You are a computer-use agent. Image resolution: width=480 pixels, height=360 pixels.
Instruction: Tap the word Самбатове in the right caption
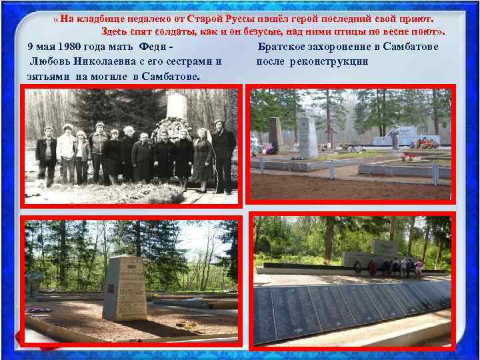click(407, 47)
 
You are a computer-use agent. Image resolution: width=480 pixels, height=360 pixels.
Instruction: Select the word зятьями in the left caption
click(46, 76)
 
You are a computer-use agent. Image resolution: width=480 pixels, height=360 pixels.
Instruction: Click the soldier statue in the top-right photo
click(395, 137)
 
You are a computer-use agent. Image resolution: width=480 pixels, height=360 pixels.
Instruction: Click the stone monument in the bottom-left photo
click(125, 288)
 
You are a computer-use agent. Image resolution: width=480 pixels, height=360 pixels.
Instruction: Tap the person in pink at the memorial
click(419, 268)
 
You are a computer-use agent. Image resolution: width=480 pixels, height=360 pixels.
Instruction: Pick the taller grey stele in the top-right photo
click(307, 137)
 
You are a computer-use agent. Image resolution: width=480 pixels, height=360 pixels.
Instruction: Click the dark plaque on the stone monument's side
click(111, 289)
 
